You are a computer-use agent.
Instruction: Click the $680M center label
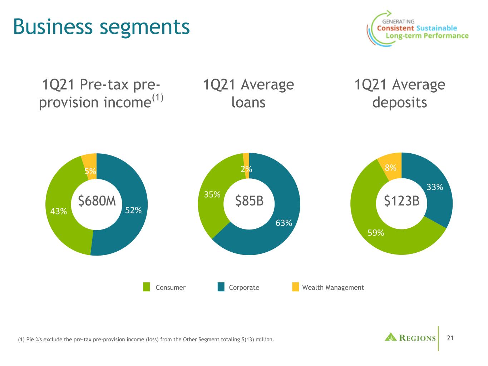point(97,202)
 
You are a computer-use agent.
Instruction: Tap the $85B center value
point(249,201)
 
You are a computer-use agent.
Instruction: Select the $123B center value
point(401,201)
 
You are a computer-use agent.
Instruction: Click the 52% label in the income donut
point(133,211)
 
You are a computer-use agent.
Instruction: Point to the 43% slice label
point(59,212)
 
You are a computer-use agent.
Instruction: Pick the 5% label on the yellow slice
point(90,171)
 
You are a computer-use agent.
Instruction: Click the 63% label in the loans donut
point(284,223)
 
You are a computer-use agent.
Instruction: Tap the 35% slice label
point(212,194)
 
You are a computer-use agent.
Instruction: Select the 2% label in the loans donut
point(246,169)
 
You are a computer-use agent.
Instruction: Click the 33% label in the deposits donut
point(435,187)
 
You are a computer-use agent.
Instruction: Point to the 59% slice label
point(376,233)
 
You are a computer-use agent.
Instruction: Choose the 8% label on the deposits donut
point(390,168)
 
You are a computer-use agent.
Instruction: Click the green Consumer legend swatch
point(147,287)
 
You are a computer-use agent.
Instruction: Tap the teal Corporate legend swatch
point(221,287)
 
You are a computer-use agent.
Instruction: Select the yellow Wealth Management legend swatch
point(295,287)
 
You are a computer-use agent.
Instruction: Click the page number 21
point(450,338)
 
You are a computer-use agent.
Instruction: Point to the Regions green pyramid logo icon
point(391,337)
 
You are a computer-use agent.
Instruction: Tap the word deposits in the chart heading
point(399,103)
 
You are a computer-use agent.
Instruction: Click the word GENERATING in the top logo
point(398,21)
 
